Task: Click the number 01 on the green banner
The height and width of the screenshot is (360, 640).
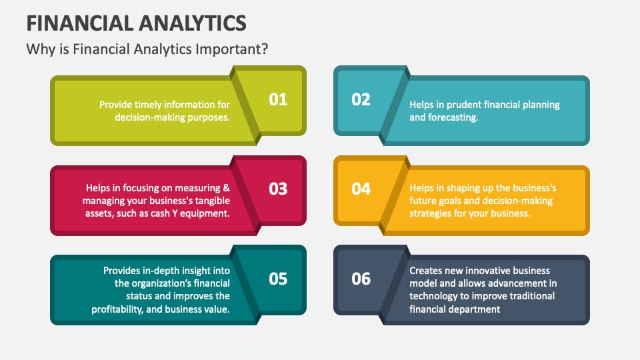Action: pos(278,99)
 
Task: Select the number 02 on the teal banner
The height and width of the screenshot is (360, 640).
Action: pos(361,99)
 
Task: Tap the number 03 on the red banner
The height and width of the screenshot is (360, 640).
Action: pos(278,189)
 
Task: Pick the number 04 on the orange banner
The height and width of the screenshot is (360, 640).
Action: pos(361,189)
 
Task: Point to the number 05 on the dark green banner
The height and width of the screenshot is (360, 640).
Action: pos(278,278)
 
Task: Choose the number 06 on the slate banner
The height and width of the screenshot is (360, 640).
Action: pos(361,278)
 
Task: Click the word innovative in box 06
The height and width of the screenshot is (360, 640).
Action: pos(487,271)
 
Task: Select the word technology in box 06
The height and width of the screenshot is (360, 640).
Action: pos(435,296)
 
